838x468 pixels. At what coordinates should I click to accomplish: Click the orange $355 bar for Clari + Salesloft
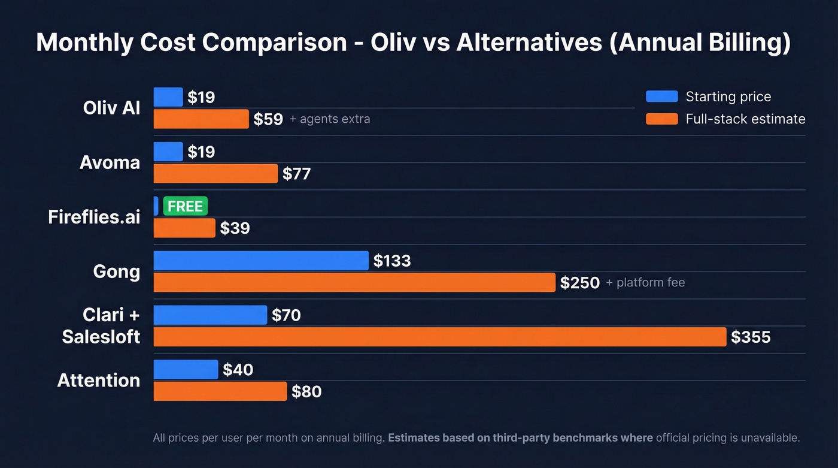439,337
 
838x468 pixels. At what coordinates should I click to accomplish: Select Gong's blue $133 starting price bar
261,261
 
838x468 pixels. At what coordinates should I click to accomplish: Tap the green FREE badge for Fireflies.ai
185,206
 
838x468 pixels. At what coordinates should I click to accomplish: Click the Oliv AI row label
112,108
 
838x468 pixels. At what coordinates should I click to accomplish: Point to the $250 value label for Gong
579,283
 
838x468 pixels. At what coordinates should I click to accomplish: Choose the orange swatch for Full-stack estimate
661,119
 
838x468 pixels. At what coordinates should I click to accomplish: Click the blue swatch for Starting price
661,96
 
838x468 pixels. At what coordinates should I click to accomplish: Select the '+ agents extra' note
330,119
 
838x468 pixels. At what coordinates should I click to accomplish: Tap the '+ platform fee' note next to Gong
645,282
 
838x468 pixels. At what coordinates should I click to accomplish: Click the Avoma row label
110,162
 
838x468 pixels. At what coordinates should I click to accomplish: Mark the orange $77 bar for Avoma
215,174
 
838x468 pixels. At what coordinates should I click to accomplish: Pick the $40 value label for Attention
238,370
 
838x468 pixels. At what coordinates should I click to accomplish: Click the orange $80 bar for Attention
220,391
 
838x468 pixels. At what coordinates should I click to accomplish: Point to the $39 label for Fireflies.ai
235,228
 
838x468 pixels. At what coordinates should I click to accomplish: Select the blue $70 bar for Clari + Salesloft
210,315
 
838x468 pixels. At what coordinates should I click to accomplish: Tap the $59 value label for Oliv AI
268,119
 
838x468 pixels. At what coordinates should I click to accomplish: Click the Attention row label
99,381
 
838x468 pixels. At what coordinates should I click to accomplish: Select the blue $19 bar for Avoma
168,152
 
